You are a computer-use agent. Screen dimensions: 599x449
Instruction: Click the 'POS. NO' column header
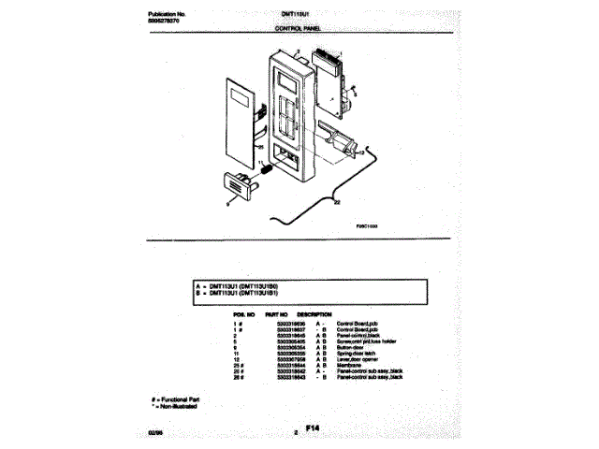(245, 314)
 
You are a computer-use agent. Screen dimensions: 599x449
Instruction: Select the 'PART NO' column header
(277, 314)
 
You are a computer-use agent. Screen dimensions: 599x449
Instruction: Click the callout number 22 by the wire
(337, 203)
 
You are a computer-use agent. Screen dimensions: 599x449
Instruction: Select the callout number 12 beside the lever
(361, 152)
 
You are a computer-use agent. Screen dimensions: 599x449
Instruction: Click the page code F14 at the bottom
(312, 428)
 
